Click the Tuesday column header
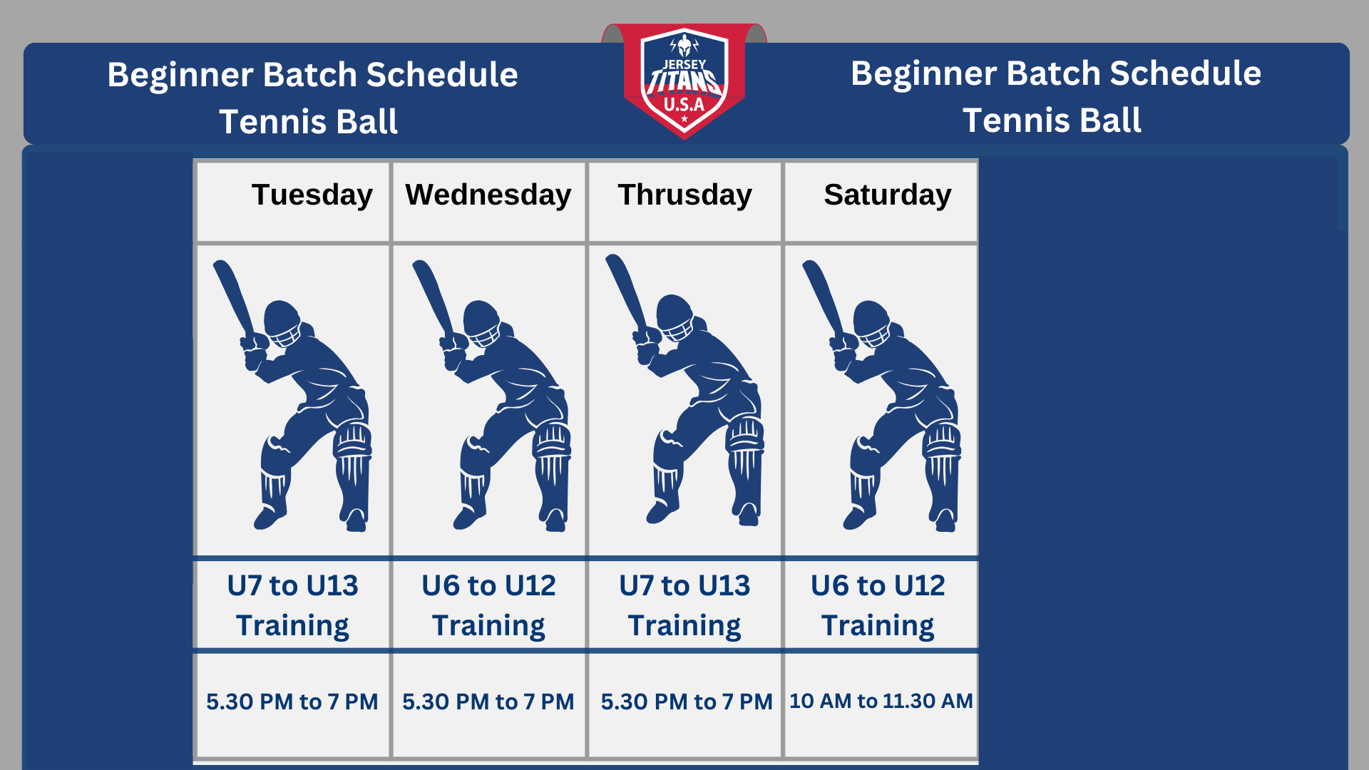(312, 195)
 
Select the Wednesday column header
(488, 195)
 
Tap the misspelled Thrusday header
(684, 195)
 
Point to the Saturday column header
(888, 195)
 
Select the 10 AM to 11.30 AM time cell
(881, 701)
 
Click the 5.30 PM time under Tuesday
(292, 702)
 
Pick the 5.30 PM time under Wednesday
(488, 702)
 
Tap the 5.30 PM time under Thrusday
(687, 702)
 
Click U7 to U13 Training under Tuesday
(292, 605)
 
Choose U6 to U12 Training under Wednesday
(488, 605)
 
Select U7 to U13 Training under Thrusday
(684, 605)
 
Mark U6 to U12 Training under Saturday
(878, 605)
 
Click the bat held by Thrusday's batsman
(627, 292)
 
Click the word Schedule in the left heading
(442, 75)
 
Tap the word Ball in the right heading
(1112, 120)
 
